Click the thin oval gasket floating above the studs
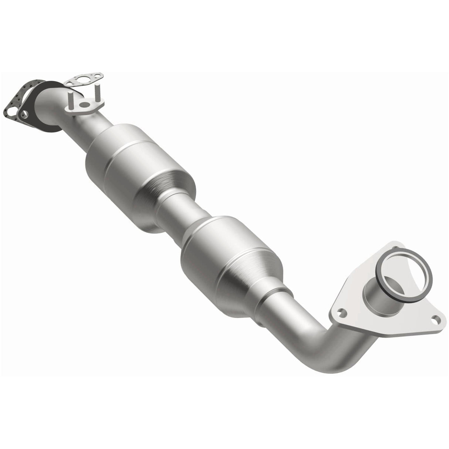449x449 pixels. coord(84,79)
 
